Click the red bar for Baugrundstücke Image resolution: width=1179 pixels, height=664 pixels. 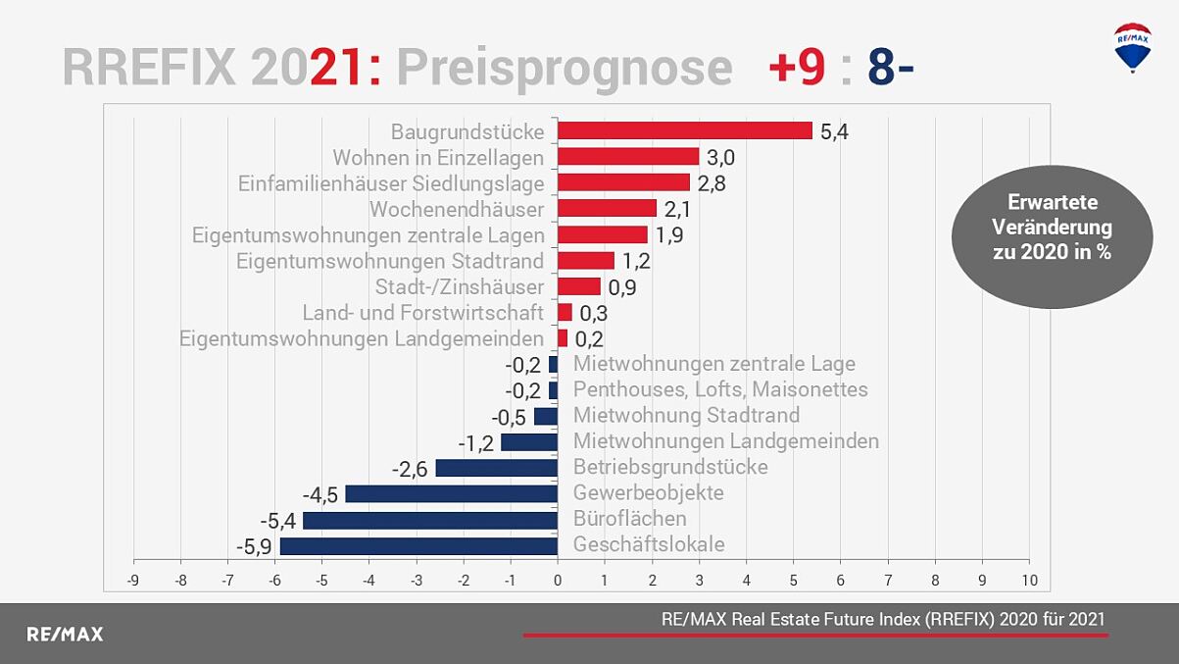point(684,130)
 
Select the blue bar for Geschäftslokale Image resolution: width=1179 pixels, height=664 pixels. point(418,545)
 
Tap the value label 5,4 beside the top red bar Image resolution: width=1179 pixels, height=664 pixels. point(833,131)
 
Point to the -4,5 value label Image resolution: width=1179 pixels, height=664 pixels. point(319,494)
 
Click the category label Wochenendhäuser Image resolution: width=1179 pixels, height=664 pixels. point(456,209)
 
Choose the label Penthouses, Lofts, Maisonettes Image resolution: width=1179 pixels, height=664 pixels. point(720,389)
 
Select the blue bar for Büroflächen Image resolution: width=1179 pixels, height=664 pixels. point(430,520)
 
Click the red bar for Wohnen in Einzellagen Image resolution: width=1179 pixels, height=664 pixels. point(627,157)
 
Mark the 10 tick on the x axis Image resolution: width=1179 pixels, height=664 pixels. point(1028,580)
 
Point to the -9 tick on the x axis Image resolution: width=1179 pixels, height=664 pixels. point(132,580)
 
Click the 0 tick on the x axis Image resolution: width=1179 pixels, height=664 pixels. point(557,580)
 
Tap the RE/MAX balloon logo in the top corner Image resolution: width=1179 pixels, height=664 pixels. point(1133,47)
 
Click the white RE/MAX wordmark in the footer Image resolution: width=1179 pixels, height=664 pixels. point(64,635)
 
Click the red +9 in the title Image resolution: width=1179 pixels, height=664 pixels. point(796,69)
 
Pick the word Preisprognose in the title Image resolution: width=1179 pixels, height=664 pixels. point(564,69)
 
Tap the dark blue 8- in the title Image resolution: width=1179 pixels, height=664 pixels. point(890,69)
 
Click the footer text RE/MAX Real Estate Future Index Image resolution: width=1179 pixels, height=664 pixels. point(882,619)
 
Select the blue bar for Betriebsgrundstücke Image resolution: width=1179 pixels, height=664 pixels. point(496,468)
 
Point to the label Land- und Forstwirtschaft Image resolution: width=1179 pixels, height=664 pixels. point(422,313)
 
